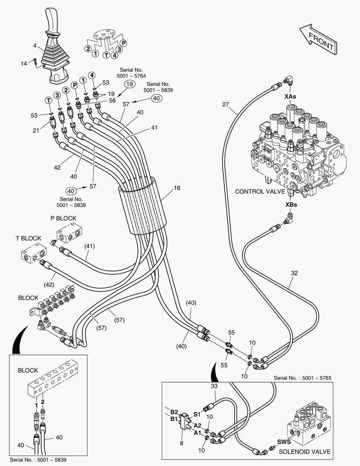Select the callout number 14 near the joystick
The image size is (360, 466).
tap(24, 64)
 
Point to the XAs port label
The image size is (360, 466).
tap(291, 97)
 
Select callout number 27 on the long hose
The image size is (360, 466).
tap(226, 104)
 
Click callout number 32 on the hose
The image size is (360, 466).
tap(294, 273)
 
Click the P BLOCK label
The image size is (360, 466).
tap(63, 218)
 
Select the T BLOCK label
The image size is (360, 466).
tap(28, 238)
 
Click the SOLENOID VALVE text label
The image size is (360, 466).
tap(305, 452)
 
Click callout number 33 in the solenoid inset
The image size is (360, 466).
tap(214, 386)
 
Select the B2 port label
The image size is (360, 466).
tap(173, 412)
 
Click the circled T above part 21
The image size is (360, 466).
tap(49, 101)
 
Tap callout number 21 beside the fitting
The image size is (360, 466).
tap(37, 131)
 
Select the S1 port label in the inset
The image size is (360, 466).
tap(197, 414)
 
